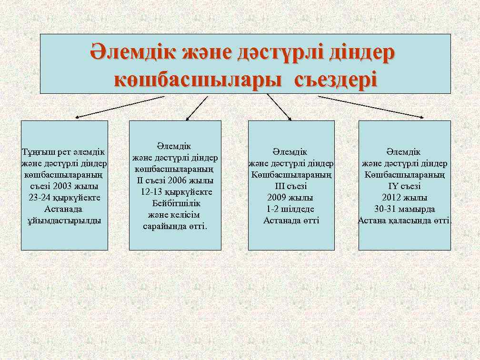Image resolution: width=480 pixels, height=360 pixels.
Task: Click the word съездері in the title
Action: coord(336,79)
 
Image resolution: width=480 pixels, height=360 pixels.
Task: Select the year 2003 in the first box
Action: coord(64,186)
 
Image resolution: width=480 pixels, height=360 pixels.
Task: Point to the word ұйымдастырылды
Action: coord(64,220)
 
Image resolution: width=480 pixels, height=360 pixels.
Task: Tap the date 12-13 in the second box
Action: coord(151,192)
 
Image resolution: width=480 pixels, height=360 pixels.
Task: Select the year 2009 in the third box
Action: coord(277,198)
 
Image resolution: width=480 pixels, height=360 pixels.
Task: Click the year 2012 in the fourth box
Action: coord(391,198)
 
